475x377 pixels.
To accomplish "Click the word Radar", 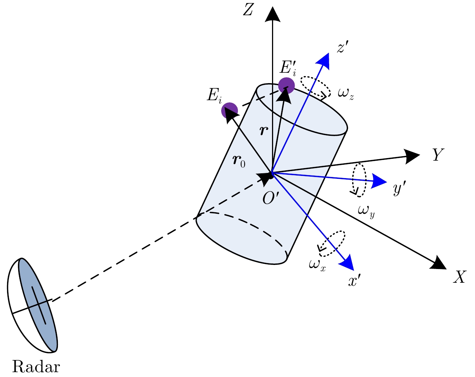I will (36, 367).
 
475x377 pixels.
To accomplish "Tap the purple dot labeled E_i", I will (229, 110).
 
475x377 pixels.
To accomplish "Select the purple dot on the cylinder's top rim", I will (286, 86).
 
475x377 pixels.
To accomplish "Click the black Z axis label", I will (248, 10).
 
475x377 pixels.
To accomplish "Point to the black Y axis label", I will (438, 155).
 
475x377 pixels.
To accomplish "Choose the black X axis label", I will (459, 277).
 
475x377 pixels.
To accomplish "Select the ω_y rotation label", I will (366, 211).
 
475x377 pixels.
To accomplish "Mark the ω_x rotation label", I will (317, 264).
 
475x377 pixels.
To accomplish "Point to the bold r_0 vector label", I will (239, 163).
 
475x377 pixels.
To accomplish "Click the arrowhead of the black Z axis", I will (273, 14).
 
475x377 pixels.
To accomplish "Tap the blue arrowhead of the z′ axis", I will (324, 60).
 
